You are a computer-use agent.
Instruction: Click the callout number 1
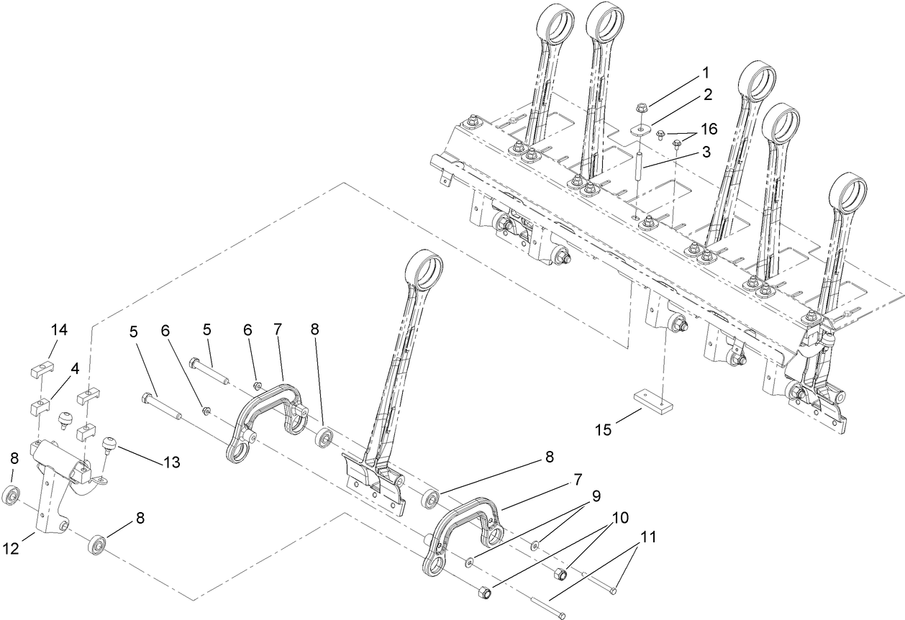pyautogui.click(x=705, y=73)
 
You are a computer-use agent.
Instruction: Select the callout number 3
pyautogui.click(x=706, y=152)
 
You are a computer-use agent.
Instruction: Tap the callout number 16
pyautogui.click(x=709, y=129)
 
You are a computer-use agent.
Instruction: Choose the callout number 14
pyautogui.click(x=59, y=330)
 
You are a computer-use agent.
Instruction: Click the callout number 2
pyautogui.click(x=708, y=94)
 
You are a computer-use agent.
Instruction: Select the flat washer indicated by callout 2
pyautogui.click(x=638, y=130)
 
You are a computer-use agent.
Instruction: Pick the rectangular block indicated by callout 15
pyautogui.click(x=652, y=400)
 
